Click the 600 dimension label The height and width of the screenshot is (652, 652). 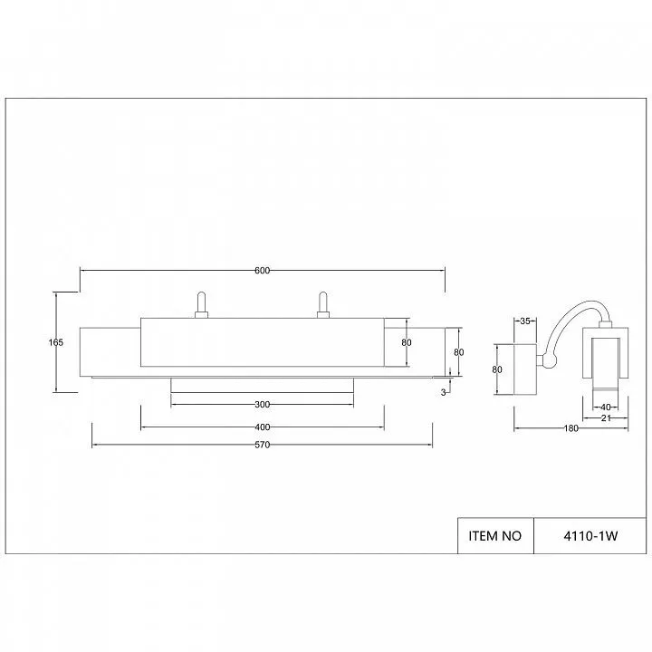tap(262, 271)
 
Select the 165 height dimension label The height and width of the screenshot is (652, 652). tap(56, 342)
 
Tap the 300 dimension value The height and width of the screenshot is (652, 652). tap(262, 405)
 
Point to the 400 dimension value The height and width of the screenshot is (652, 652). tap(262, 427)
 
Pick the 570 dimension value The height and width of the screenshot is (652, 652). tap(262, 445)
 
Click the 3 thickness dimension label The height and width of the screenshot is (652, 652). tap(443, 392)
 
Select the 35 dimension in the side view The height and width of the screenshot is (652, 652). tap(525, 321)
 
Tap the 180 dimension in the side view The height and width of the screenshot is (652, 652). tap(570, 428)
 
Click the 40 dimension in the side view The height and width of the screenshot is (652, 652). tap(606, 407)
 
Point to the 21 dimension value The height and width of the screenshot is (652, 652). tap(606, 418)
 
